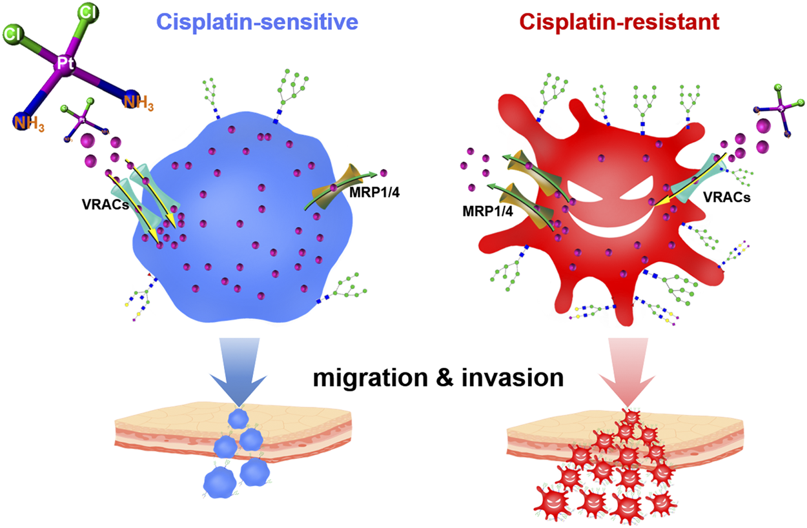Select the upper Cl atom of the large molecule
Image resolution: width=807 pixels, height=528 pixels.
[x=85, y=12]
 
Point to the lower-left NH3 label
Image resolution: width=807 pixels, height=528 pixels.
[x=30, y=122]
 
